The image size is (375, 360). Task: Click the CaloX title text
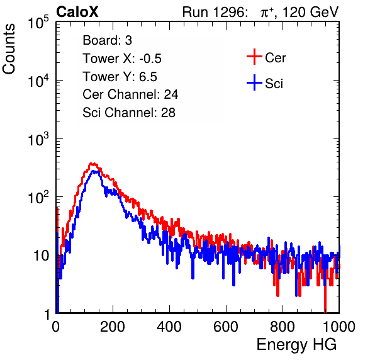pyautogui.click(x=77, y=12)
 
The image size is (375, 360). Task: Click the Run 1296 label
pyautogui.click(x=215, y=12)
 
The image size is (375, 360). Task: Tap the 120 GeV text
pyautogui.click(x=310, y=12)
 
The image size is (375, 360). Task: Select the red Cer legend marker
pyautogui.click(x=254, y=57)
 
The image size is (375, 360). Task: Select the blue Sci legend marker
pyautogui.click(x=254, y=83)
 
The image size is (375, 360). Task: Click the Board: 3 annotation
pyautogui.click(x=107, y=40)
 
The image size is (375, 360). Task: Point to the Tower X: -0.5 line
pyautogui.click(x=122, y=59)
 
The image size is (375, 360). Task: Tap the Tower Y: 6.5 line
pyautogui.click(x=120, y=77)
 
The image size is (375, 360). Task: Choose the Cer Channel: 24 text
pyautogui.click(x=130, y=94)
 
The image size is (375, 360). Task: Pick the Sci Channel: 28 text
pyautogui.click(x=129, y=113)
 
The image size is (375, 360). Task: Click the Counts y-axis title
pyautogui.click(x=9, y=49)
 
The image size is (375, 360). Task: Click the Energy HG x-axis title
pyautogui.click(x=296, y=345)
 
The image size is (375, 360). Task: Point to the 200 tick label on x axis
pyautogui.click(x=113, y=327)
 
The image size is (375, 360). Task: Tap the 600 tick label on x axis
pyautogui.click(x=226, y=327)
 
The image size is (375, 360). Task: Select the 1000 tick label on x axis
pyautogui.click(x=339, y=327)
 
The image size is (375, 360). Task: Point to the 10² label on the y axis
pyautogui.click(x=38, y=197)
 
